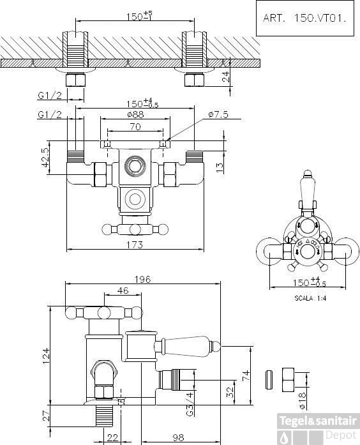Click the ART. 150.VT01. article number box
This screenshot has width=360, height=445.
(x=304, y=19)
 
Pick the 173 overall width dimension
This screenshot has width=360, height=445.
(x=134, y=245)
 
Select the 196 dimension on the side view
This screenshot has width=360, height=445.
(x=142, y=278)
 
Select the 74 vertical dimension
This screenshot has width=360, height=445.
(x=244, y=375)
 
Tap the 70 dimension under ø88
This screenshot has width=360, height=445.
(x=135, y=127)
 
